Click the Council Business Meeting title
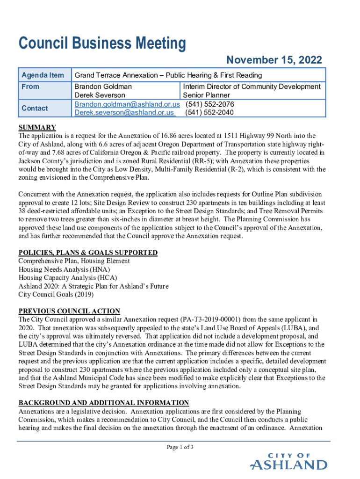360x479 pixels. click(102, 44)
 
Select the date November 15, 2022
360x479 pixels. click(274, 60)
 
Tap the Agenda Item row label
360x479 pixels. click(43, 75)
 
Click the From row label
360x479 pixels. click(30, 87)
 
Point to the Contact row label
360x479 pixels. click(35, 108)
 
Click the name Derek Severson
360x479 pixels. click(100, 95)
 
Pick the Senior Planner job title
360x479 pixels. click(207, 95)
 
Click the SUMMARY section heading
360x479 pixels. click(37, 128)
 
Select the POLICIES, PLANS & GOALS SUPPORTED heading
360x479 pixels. click(88, 253)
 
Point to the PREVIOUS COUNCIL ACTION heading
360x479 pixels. click(69, 311)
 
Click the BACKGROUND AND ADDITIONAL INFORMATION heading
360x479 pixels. click(103, 403)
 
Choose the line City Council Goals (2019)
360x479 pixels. click(56, 295)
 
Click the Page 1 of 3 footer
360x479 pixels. click(180, 447)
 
